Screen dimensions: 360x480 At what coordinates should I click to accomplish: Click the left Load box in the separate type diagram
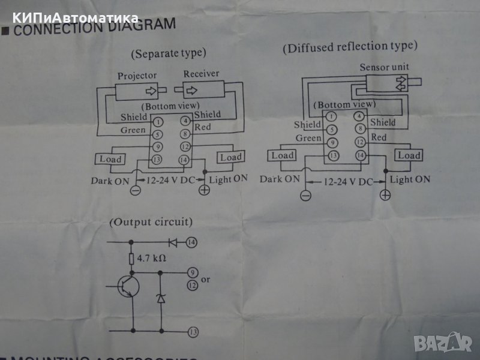pyautogui.click(x=109, y=159)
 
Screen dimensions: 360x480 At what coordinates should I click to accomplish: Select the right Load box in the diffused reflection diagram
pyautogui.click(x=409, y=155)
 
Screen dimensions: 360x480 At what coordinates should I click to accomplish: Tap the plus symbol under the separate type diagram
pyautogui.click(x=204, y=190)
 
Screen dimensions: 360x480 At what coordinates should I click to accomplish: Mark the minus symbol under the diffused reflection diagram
pyautogui.click(x=305, y=195)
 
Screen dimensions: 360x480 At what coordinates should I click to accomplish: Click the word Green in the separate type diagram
pyautogui.click(x=133, y=130)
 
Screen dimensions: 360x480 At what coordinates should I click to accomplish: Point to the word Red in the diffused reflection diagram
pyautogui.click(x=379, y=137)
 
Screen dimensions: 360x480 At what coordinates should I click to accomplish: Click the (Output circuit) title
pyautogui.click(x=151, y=222)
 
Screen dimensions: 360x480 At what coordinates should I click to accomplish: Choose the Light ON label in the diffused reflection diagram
pyautogui.click(x=410, y=179)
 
